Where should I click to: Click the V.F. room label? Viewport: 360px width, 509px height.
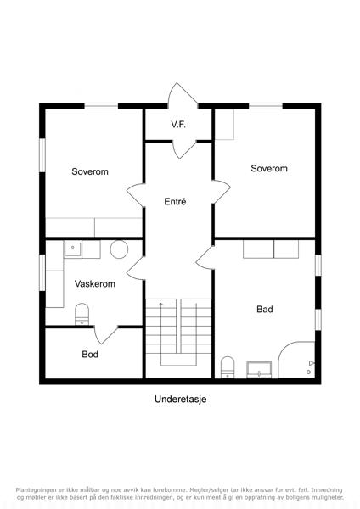178,125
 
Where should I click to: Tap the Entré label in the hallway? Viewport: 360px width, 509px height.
175,202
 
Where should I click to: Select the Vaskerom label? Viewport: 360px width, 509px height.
95,283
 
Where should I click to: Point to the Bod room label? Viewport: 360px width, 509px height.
90,354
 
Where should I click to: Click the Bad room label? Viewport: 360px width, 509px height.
265,309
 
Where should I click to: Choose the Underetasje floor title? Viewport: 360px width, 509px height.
180,399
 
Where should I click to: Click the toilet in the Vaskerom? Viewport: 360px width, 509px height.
82,314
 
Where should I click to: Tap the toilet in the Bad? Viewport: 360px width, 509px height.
228,367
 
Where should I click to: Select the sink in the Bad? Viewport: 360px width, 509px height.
259,370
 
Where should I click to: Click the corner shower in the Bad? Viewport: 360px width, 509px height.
296,360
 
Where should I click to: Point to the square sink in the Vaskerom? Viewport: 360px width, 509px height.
73,249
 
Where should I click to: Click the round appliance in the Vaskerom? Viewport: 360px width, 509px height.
119,249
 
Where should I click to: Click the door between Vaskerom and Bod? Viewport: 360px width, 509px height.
106,334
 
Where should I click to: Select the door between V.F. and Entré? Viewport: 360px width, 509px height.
184,149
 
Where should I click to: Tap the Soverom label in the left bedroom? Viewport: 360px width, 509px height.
90,171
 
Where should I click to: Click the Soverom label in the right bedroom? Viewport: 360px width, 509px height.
269,168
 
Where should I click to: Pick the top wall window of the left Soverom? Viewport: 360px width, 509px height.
101,106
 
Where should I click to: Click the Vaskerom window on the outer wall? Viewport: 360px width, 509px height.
42,272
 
